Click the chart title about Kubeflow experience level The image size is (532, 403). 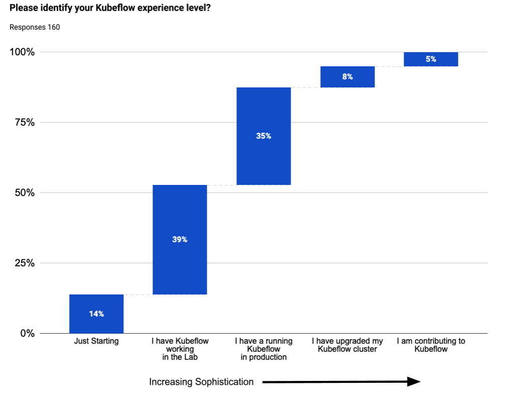click(x=110, y=9)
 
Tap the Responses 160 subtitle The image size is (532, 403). click(x=35, y=27)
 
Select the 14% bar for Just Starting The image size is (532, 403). click(x=96, y=314)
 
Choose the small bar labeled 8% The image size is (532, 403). click(x=347, y=77)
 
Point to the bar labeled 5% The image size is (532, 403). click(x=431, y=59)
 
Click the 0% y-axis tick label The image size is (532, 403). click(x=27, y=334)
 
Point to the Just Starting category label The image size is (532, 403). click(x=96, y=341)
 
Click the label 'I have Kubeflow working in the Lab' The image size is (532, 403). click(x=180, y=349)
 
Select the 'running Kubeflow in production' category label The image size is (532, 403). click(x=263, y=349)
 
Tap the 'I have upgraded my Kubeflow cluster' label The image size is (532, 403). click(x=347, y=345)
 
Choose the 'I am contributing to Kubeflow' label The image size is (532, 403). click(x=431, y=345)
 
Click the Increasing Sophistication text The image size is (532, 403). click(x=201, y=382)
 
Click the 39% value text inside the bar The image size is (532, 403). click(x=180, y=240)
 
